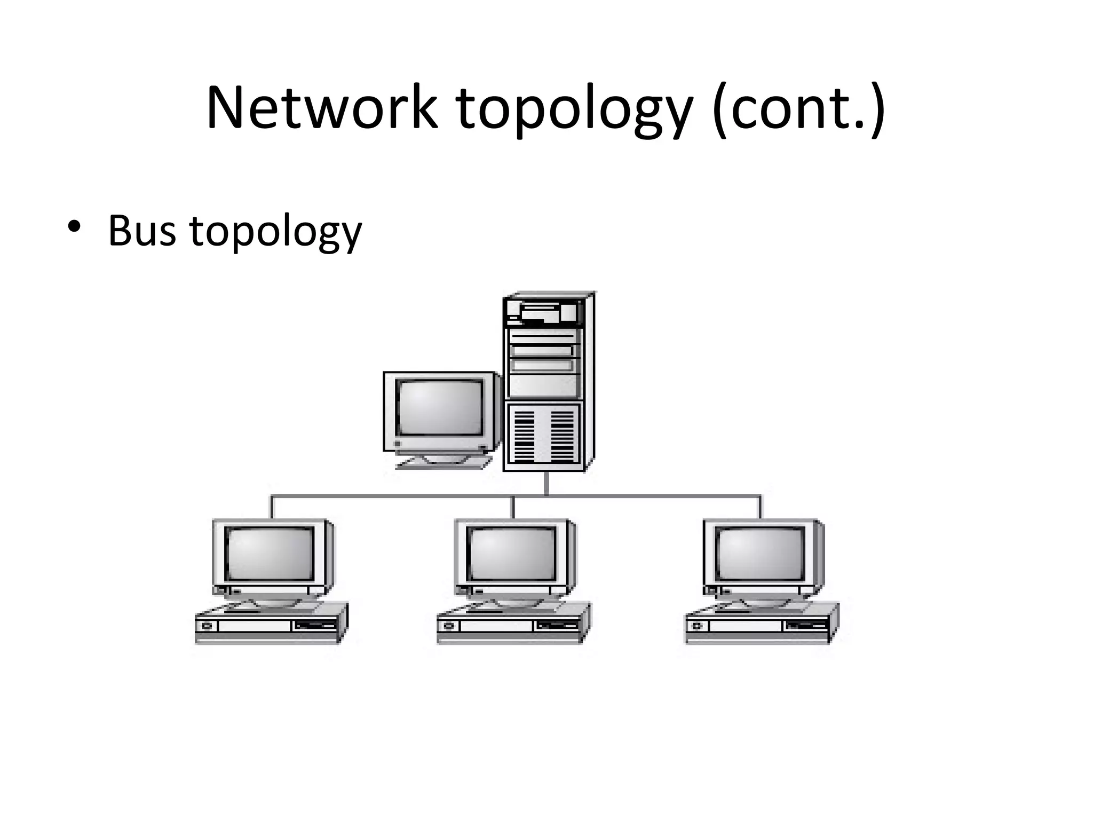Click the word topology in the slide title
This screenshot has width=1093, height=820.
coord(574,109)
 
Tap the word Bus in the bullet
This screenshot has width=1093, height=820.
coord(141,231)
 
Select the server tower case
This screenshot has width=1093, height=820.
coord(548,381)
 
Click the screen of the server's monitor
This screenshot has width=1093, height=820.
coord(440,407)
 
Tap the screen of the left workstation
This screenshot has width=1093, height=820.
coord(270,553)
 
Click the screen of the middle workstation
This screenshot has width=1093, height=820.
coord(511,553)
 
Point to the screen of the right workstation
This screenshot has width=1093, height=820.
coord(759,553)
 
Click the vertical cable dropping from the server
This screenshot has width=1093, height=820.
coord(546,484)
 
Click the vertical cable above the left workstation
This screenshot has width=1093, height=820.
coord(272,507)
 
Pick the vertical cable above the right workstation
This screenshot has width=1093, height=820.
coord(760,507)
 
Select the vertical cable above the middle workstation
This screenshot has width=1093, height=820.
coord(513,507)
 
